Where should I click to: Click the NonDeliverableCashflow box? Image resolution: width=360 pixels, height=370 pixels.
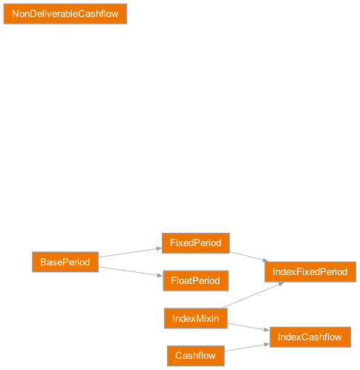pyautogui.click(x=65, y=14)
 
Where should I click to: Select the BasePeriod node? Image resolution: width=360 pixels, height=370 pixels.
pyautogui.click(x=65, y=262)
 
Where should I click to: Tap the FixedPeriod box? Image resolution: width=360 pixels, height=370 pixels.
pyautogui.click(x=196, y=243)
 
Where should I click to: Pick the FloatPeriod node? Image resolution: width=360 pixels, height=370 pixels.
pyautogui.click(x=195, y=281)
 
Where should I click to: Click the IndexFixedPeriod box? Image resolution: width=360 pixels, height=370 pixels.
pyautogui.click(x=310, y=271)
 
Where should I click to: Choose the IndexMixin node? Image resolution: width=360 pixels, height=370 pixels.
pyautogui.click(x=195, y=318)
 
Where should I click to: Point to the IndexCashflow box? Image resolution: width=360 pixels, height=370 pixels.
pyautogui.click(x=310, y=337)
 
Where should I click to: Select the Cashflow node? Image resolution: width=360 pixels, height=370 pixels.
pyautogui.click(x=195, y=356)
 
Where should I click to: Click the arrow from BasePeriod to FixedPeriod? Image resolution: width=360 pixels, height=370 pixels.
pyautogui.click(x=130, y=253)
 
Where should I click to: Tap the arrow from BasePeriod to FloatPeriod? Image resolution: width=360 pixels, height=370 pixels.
pyautogui.click(x=130, y=271)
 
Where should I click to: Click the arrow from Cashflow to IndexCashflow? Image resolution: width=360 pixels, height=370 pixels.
pyautogui.click(x=246, y=348)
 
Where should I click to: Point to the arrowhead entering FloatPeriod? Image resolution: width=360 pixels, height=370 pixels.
pyautogui.click(x=158, y=277)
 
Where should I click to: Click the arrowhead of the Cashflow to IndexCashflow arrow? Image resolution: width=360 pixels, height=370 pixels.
pyautogui.click(x=265, y=344)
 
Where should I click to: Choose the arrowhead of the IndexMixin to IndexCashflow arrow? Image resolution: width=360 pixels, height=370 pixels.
pyautogui.click(x=265, y=330)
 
